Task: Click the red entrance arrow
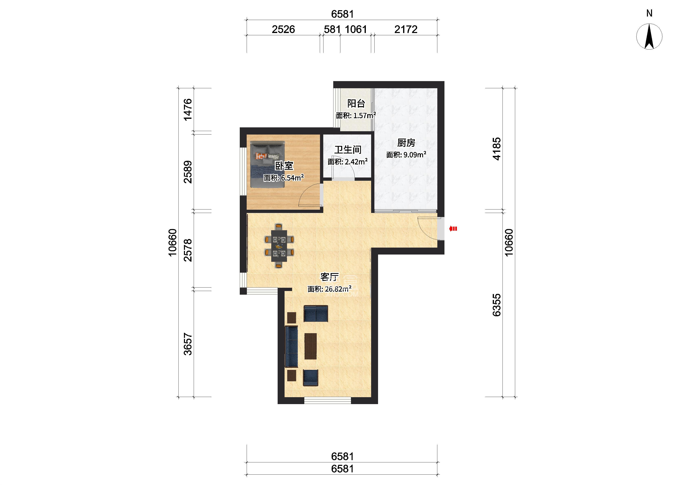coord(453,229)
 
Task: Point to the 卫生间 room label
coord(348,150)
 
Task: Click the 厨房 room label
coord(406,143)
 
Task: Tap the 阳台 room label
coord(356,103)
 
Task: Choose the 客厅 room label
coord(329,277)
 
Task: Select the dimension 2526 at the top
coord(283,29)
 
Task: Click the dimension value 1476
coord(188,110)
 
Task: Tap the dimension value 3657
coord(188,344)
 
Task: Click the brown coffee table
coord(310,346)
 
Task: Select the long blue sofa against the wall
coord(291,346)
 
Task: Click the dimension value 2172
coord(406,29)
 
